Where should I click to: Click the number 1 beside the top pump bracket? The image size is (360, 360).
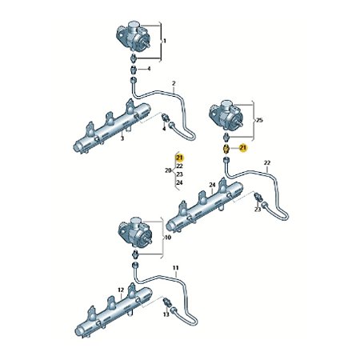point(165,41)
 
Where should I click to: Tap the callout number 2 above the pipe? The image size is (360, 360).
point(174,83)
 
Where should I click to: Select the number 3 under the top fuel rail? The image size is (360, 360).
point(122,138)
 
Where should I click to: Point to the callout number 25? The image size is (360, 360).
point(259,120)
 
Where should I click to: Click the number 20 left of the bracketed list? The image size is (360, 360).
point(168,170)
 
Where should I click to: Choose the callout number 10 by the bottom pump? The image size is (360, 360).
point(168,238)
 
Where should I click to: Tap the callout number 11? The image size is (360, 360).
point(176,268)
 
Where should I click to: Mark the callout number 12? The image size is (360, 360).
point(121,290)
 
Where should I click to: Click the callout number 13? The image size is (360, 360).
point(166,314)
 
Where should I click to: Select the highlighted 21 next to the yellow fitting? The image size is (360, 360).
point(243,147)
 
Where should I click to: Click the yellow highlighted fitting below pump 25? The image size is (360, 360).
point(226,149)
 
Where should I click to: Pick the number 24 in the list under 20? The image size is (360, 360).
point(179,182)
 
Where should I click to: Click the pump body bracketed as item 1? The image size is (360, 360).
point(133,36)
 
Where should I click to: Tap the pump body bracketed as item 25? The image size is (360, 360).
point(226,114)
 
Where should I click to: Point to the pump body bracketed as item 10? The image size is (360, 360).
point(135,233)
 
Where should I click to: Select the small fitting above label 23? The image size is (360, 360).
point(258,197)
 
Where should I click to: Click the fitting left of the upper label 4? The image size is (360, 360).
point(134,70)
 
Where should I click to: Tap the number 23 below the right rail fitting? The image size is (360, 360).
point(258,210)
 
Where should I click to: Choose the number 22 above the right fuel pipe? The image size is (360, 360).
point(267,162)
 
